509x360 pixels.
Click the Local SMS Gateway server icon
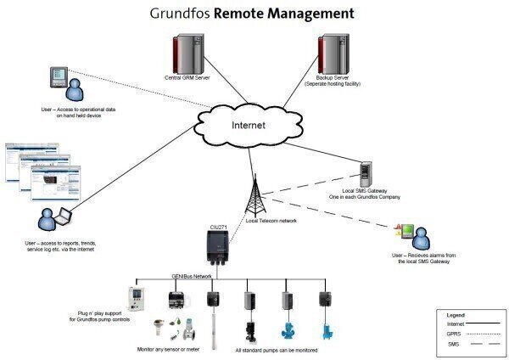(366, 175)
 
